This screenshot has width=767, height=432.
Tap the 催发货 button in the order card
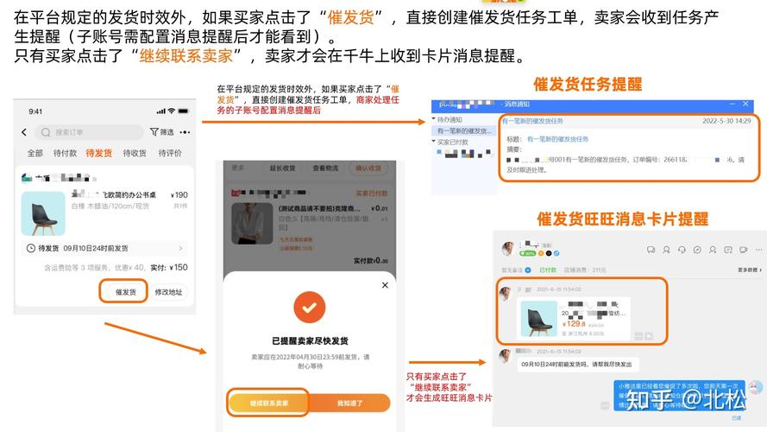point(125,292)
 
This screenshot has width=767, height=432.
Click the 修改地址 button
point(168,292)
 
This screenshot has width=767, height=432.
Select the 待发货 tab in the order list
point(98,153)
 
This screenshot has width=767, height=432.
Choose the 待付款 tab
point(65,153)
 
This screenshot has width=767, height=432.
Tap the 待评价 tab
point(170,153)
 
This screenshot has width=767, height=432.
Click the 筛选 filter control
point(162,132)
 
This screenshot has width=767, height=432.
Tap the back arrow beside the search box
point(24,132)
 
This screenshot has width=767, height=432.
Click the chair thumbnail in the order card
point(43,213)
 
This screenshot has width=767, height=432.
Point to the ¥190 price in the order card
point(179,195)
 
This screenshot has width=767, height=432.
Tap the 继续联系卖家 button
point(268,403)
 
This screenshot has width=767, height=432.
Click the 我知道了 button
point(349,403)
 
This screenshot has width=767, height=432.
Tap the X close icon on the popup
point(385,284)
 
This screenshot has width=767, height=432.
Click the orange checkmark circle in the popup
point(309,307)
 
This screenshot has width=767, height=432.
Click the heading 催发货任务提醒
point(588,85)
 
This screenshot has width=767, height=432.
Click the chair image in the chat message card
point(538,319)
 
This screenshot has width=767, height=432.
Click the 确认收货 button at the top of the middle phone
point(370,168)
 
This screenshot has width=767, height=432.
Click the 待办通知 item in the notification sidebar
point(452,119)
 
